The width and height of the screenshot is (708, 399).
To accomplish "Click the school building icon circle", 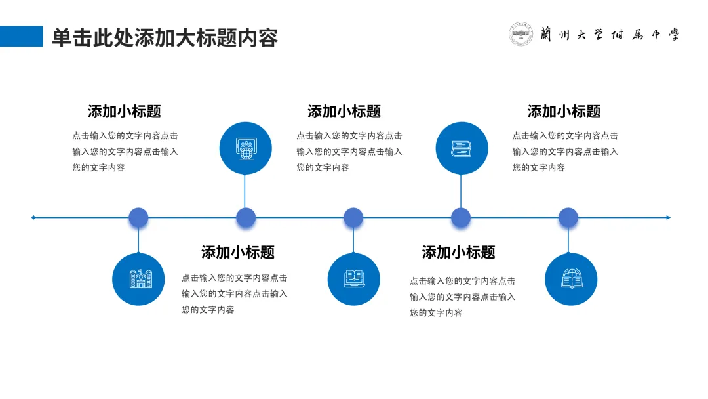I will point(138,280).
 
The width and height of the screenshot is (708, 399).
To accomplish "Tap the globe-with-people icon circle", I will point(245,148).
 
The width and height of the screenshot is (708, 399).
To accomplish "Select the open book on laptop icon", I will point(353,280).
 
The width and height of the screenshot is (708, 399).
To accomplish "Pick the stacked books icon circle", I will point(462,148).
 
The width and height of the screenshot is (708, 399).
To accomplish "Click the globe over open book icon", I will point(571,280).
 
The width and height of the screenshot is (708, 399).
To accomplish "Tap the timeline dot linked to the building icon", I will point(138,217).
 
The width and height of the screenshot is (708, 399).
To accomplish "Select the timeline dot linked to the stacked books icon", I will point(461,217).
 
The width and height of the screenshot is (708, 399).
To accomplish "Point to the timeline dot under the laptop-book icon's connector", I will point(353,217).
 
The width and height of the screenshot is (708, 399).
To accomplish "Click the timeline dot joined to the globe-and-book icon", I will point(568,217).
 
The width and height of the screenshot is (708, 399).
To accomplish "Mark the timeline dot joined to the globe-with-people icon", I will point(246,217).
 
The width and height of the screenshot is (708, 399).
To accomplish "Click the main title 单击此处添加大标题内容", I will point(165,37).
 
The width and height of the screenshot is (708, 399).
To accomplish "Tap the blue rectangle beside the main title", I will point(21,36).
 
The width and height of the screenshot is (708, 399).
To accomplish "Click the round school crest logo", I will point(521,35).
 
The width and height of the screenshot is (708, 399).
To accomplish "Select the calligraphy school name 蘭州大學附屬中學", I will point(610,35).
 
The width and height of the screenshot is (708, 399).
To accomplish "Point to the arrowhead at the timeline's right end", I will point(668,217).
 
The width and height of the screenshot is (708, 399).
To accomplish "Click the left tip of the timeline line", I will point(33,217).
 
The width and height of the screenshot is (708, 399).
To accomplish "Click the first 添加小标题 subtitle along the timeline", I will point(125,112).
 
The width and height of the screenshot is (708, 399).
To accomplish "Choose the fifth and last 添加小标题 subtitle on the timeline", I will point(564,112).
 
